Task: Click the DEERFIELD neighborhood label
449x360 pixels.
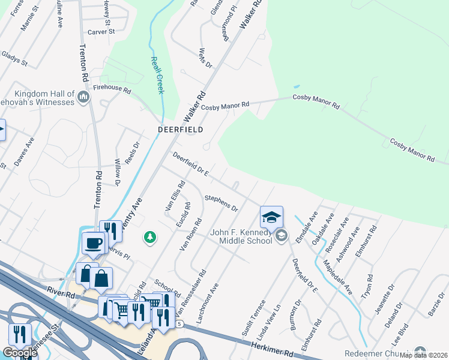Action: [180, 129]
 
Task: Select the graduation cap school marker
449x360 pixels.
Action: [271, 217]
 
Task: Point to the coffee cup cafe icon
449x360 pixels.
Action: [93, 242]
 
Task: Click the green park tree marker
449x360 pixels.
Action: [149, 238]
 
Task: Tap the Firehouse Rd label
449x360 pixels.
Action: [112, 88]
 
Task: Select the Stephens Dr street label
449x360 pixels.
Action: [221, 203]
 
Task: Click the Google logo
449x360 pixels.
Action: [19, 353]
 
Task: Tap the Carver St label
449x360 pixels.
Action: [100, 32]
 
